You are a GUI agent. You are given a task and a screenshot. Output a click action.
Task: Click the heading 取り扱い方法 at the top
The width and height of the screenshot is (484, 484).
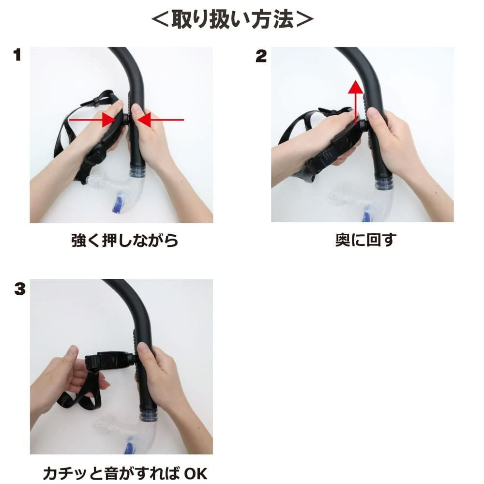[232, 19]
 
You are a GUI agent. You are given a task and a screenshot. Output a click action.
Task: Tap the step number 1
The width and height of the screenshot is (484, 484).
[17, 55]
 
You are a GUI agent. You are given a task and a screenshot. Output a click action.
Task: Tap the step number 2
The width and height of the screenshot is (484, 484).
[261, 56]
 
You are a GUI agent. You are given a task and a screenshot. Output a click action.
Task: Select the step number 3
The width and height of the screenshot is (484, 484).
[20, 288]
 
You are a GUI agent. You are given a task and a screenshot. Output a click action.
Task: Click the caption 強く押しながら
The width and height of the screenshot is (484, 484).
[125, 240]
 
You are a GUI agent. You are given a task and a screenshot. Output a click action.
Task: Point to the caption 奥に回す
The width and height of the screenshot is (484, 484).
[366, 240]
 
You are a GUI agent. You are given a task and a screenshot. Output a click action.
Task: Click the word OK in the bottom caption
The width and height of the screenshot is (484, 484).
[196, 473]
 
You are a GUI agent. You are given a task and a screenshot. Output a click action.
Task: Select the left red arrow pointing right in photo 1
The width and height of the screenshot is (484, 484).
[91, 120]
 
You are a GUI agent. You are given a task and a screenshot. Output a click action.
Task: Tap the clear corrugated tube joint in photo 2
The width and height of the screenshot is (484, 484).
[384, 184]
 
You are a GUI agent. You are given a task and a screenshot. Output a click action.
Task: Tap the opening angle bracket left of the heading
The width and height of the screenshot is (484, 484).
[160, 20]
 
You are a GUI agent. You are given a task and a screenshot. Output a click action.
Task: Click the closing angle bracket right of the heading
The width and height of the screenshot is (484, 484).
[304, 20]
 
